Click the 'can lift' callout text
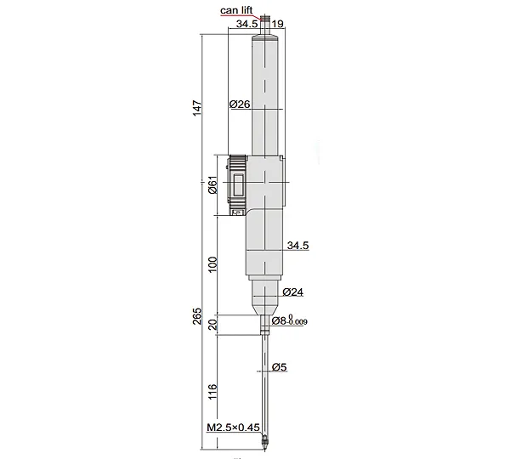click(236, 10)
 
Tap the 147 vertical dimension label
click(197, 108)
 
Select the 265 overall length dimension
click(197, 316)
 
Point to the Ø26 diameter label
click(240, 104)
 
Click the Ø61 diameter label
click(212, 184)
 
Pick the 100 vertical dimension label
click(212, 264)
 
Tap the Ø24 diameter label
click(292, 292)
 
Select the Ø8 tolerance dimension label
click(289, 320)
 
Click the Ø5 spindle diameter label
click(279, 367)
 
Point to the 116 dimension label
click(212, 392)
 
